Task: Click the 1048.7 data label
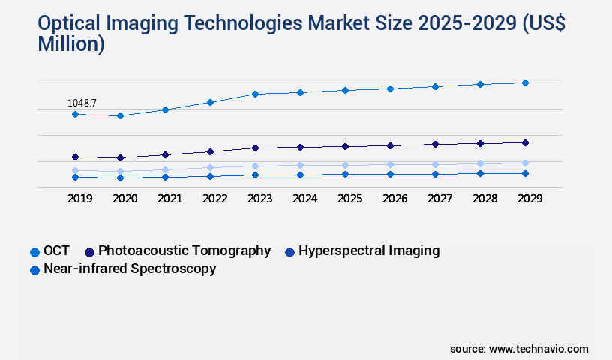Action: click(x=82, y=103)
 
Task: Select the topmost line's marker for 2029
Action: click(x=525, y=82)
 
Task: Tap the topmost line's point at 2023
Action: click(x=255, y=94)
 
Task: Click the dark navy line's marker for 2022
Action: click(x=210, y=151)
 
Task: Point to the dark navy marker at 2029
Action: click(x=525, y=142)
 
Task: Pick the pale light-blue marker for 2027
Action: click(x=435, y=164)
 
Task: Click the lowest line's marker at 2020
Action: click(x=120, y=178)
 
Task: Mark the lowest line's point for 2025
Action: click(x=345, y=174)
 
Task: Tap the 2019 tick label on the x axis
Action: click(x=80, y=199)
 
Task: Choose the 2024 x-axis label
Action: click(x=305, y=199)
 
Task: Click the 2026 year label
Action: click(x=395, y=199)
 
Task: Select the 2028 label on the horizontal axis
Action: click(x=485, y=199)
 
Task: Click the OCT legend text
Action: click(x=57, y=251)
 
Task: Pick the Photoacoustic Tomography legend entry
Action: click(x=184, y=250)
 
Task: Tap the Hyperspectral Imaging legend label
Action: click(x=369, y=250)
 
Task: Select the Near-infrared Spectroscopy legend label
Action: click(x=130, y=268)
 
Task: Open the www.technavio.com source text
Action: click(x=538, y=349)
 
